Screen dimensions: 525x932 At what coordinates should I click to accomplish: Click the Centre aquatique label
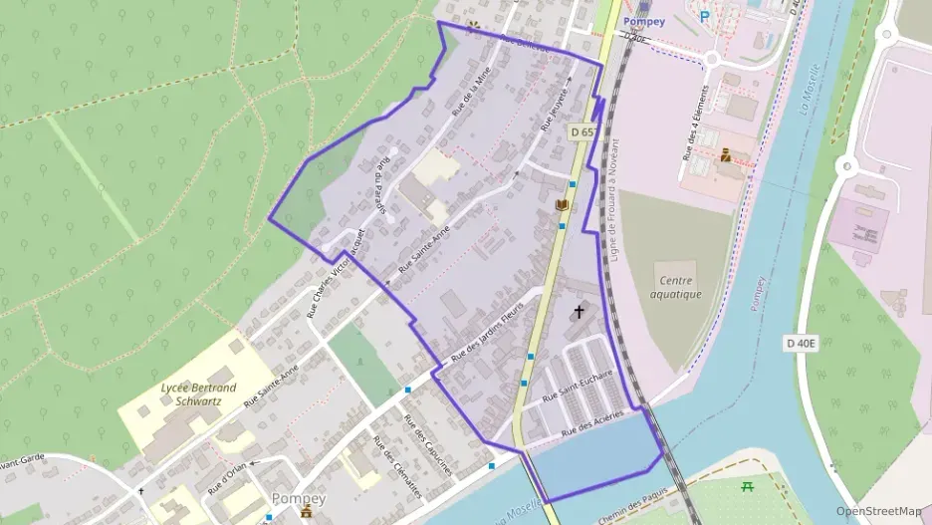(x=676, y=287)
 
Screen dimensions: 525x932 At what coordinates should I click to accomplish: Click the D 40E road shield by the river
(x=800, y=344)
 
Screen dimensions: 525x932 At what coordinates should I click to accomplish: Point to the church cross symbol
(x=579, y=313)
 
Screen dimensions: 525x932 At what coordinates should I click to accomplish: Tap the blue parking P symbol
(x=705, y=16)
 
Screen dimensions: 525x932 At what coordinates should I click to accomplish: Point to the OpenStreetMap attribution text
(x=878, y=511)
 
